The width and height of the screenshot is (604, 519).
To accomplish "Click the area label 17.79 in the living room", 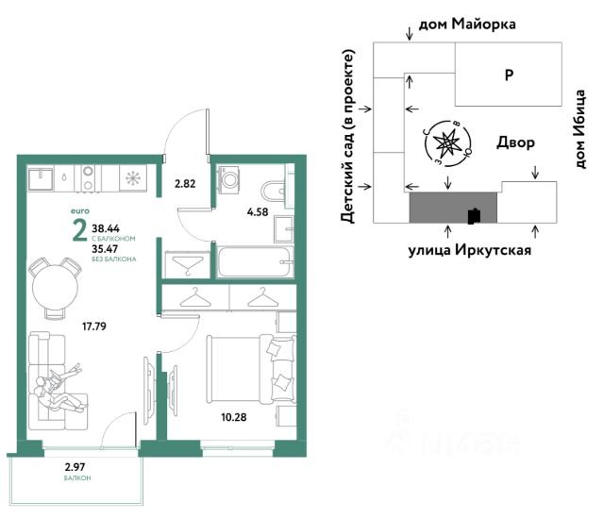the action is pos(94,326).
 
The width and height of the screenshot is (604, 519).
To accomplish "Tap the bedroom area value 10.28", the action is pos(234,417).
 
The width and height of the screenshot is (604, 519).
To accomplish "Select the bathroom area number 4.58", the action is pos(258,211).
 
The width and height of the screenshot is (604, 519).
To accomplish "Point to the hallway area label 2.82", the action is pos(185,184).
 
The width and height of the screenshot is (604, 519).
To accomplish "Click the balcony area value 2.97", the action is pos(75,467).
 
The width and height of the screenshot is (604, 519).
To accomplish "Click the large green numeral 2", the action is pos(79,231).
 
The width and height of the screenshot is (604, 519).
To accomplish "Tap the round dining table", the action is pos(55,287).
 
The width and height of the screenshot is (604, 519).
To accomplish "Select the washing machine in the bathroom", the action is pos(228,178).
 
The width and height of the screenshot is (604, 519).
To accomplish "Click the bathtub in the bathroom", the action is pos(255,262).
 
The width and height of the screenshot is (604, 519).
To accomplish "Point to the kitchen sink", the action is pos(41,178).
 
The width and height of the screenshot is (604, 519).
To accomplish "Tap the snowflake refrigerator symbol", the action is pos(133,178).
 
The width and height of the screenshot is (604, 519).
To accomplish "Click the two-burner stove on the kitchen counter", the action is pos(89,178).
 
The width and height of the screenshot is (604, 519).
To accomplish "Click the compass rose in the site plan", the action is pos(448,143).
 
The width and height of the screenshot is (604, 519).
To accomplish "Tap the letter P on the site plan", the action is pos(509,75).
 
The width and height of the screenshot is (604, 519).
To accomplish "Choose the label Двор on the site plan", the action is pos(515,142).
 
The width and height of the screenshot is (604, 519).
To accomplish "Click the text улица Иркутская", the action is pos(470,250).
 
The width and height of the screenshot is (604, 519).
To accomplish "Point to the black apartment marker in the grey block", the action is pos(474,216).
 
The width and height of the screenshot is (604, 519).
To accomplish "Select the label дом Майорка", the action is pos(467,25).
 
